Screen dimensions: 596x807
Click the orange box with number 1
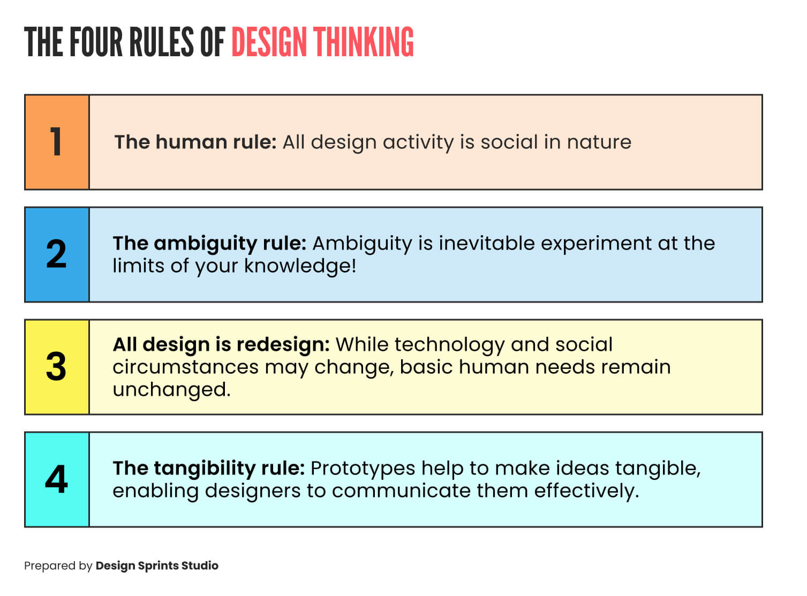point(57,142)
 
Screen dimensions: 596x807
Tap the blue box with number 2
point(57,254)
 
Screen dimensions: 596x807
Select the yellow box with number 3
point(57,367)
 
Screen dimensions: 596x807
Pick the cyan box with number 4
point(57,479)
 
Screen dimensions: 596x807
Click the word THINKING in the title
point(364,42)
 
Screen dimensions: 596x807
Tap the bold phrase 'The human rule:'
point(195,142)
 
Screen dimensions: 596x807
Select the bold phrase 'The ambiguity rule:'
point(209,243)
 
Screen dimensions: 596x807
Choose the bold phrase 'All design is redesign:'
point(221,344)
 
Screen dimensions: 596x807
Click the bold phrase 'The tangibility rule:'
point(208,468)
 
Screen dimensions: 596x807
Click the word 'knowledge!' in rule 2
point(300,266)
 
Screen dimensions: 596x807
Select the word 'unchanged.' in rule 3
point(171,390)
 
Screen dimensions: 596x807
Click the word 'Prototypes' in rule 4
point(363,469)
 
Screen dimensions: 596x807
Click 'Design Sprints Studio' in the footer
point(157,565)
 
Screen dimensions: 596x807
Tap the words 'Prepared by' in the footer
point(58,566)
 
